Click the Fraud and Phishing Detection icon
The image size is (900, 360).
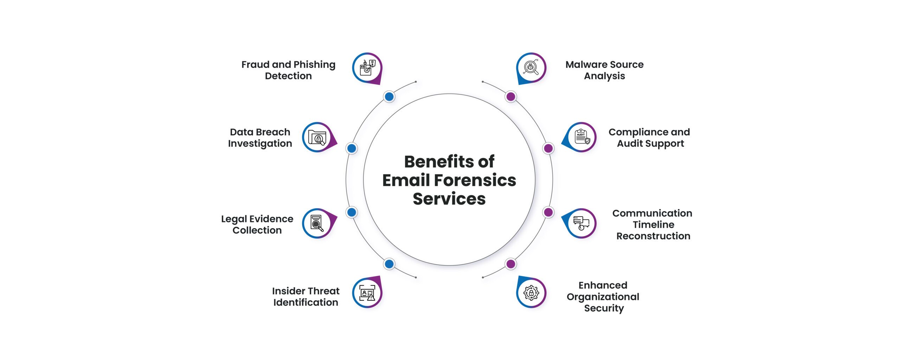pos(367,67)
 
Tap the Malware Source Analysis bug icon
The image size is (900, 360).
pos(531,67)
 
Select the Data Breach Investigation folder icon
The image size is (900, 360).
pos(317,137)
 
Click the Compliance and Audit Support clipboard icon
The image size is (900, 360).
pos(582,137)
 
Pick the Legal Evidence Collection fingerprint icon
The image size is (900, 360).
pos(317,223)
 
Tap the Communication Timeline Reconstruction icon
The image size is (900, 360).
pos(581,223)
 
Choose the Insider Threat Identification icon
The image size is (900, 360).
pos(367,293)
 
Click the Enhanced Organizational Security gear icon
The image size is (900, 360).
pos(531,293)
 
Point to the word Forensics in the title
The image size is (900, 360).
pos(475,180)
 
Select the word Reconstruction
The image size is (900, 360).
pos(653,236)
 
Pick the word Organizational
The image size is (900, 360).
pos(603,297)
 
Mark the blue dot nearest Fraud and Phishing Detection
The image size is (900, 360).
pos(389,96)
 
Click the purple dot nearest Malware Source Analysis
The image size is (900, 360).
pos(510,96)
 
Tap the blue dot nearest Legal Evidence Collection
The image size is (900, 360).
pos(352,212)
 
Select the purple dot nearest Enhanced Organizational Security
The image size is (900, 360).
pos(510,264)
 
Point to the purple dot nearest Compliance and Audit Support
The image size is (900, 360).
pos(548,148)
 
